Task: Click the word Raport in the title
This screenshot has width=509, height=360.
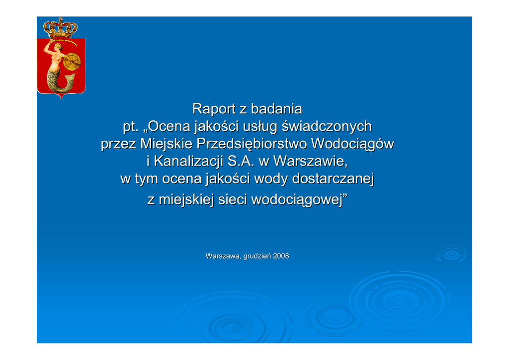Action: (214, 109)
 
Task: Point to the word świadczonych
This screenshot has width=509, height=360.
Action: (327, 127)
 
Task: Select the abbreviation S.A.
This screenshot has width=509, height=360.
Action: (241, 161)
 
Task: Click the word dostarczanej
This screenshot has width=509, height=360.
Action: (333, 179)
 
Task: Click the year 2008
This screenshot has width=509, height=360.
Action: (281, 256)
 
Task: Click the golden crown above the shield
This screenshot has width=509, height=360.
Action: (60, 28)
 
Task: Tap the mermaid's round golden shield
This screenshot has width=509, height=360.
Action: (72, 62)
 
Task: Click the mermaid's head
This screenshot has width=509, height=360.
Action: (59, 46)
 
